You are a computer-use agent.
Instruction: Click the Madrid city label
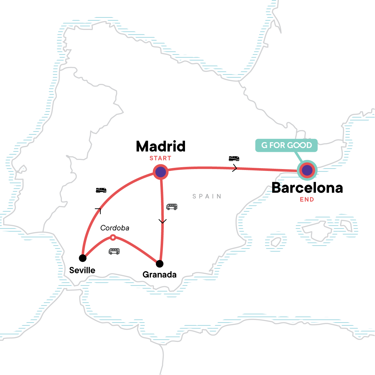(x=161, y=146)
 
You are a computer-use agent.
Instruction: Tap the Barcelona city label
(x=307, y=188)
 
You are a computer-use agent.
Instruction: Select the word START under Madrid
(x=160, y=158)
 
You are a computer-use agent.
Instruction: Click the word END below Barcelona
(x=307, y=200)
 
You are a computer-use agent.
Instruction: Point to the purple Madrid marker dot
(x=161, y=172)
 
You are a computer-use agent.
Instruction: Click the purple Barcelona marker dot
(x=307, y=171)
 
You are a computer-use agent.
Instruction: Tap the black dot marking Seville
(x=82, y=258)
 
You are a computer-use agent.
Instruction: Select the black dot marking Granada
(x=160, y=264)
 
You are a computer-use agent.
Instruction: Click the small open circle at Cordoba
(x=113, y=237)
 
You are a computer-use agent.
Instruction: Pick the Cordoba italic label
(x=115, y=228)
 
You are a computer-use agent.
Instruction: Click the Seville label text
(x=82, y=270)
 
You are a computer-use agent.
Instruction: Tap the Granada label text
(x=159, y=275)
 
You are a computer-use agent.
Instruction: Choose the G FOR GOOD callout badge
(x=287, y=145)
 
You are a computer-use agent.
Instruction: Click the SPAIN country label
(x=207, y=196)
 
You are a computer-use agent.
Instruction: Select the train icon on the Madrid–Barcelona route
(x=234, y=159)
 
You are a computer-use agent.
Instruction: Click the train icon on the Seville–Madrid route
(x=101, y=190)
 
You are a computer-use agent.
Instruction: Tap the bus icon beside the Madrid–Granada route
(x=172, y=207)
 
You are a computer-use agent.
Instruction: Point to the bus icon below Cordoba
(x=114, y=251)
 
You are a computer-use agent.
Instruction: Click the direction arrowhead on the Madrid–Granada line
(x=162, y=222)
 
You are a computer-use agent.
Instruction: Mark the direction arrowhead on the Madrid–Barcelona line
(x=235, y=168)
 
